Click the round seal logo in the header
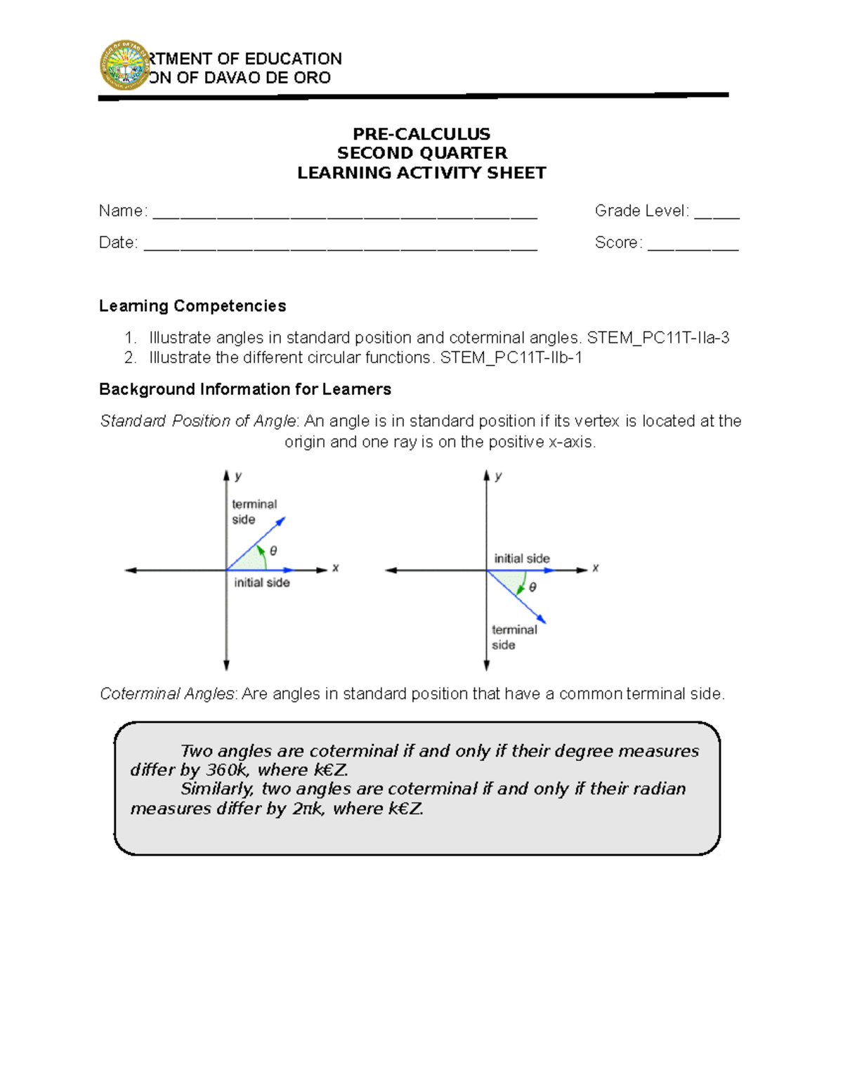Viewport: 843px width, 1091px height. (124, 65)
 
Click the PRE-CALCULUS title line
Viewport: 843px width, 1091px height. (421, 133)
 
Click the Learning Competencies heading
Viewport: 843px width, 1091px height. (192, 306)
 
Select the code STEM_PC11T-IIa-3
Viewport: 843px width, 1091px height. (658, 338)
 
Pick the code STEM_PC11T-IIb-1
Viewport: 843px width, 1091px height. (511, 358)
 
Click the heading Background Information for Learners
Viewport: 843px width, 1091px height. (245, 389)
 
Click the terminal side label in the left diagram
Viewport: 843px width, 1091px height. (254, 511)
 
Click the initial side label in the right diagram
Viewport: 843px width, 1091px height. (522, 558)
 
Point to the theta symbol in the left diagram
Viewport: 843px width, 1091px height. (273, 551)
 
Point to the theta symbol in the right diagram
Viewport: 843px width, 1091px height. (533, 587)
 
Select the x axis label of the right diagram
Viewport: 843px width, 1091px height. (596, 568)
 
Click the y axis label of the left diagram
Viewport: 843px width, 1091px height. (239, 476)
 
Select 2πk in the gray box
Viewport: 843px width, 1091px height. (308, 809)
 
